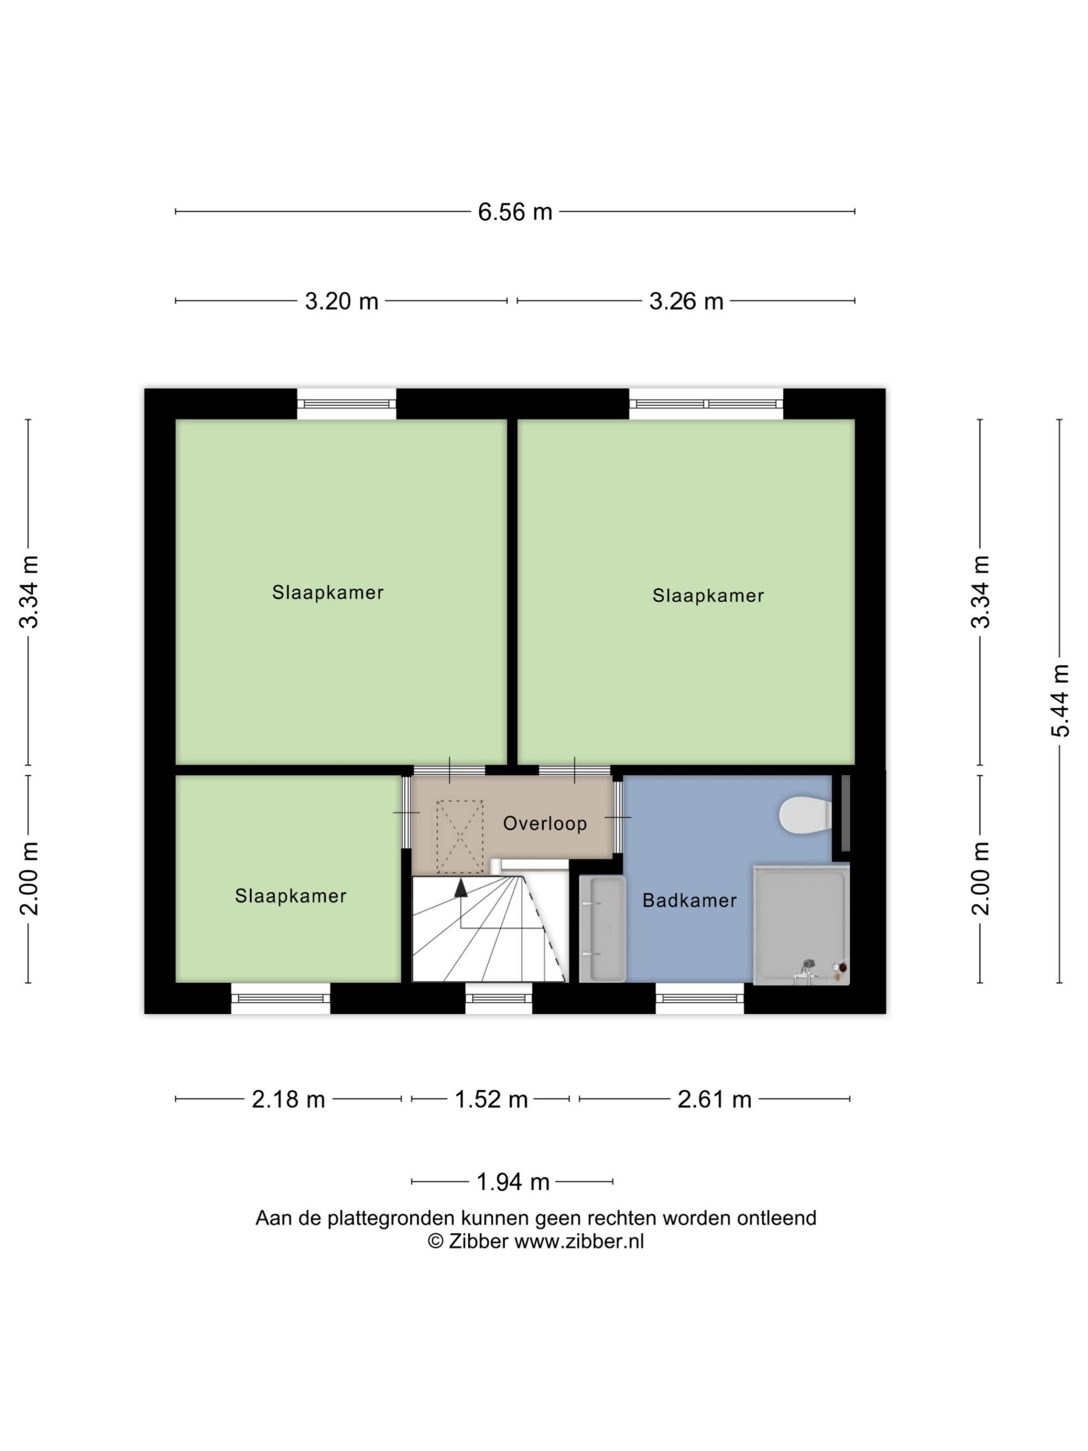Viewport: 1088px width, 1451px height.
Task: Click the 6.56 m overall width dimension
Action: [515, 212]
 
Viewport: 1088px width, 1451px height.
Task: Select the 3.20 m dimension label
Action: [341, 301]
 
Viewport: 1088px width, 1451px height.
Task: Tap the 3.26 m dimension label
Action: [686, 301]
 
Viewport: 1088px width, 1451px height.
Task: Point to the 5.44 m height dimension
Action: [1060, 701]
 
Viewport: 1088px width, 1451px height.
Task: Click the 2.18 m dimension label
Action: [288, 1100]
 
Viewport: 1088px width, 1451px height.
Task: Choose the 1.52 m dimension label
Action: [491, 1100]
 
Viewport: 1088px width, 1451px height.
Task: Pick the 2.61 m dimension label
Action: [714, 1100]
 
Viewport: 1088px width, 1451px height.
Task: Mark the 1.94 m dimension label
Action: [513, 1182]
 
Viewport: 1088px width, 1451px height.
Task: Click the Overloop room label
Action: [545, 823]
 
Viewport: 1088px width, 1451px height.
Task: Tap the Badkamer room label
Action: [689, 900]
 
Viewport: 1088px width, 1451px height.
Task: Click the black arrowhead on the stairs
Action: [461, 887]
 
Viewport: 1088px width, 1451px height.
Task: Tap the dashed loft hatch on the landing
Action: [460, 837]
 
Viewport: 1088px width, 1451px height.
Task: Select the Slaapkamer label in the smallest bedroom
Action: [290, 896]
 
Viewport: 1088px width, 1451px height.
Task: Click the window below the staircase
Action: [499, 998]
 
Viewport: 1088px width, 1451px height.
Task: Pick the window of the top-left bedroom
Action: [347, 404]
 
